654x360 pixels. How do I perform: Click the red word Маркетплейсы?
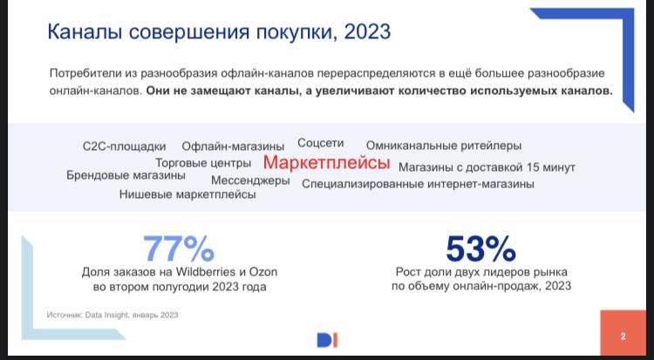point(327,163)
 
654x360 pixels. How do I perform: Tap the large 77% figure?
point(179,249)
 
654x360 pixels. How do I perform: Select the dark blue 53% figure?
point(480,249)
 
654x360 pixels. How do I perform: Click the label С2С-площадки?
point(125,146)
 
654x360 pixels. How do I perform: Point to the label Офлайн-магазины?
point(233,146)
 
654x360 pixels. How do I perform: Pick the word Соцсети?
point(320,143)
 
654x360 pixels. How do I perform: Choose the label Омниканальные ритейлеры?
point(444,146)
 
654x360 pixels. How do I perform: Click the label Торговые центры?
point(203,163)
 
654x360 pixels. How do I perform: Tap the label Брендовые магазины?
point(126,175)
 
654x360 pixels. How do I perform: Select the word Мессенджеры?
point(250,180)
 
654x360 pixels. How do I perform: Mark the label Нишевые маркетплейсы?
point(187,194)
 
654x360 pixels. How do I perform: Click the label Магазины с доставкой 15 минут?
point(487,167)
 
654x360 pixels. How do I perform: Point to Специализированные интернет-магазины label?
point(418,184)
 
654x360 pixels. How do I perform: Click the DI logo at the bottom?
point(327,341)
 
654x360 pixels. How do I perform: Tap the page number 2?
point(623,336)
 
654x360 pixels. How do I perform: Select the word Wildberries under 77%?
point(206,272)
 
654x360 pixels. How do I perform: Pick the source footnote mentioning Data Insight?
point(112,315)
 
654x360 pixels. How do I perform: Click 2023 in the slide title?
point(367,32)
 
